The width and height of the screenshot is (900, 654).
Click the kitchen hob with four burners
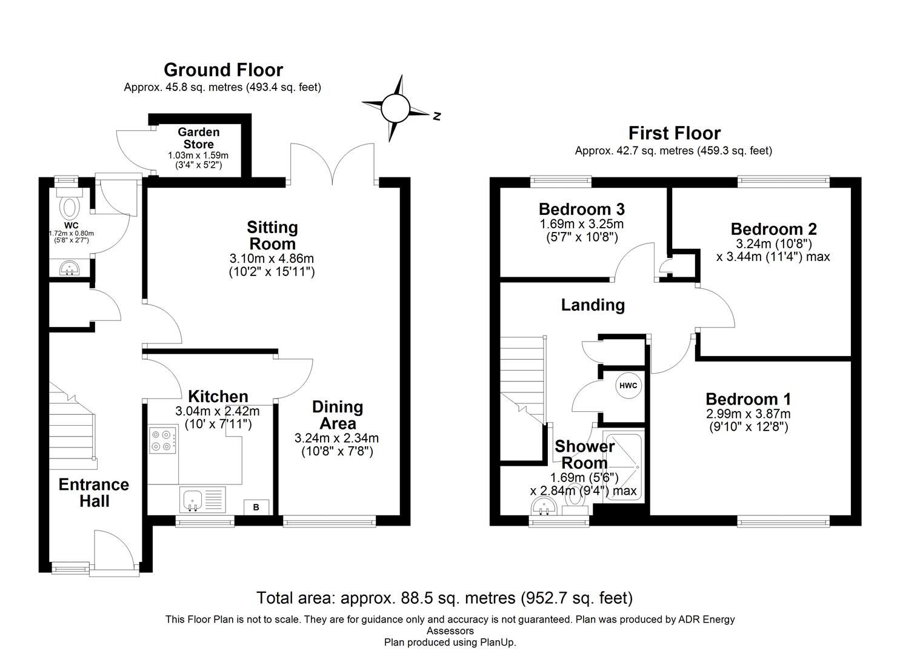tap(162, 441)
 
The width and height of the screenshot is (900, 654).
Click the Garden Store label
tap(199, 138)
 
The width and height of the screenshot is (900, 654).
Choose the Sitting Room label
tap(272, 236)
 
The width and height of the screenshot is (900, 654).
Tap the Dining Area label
tap(338, 415)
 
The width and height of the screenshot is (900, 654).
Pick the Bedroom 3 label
tap(581, 210)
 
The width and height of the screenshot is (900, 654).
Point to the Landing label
tap(593, 305)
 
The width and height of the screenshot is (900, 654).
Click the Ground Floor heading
tap(223, 70)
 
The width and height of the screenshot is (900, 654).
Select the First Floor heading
tap(674, 133)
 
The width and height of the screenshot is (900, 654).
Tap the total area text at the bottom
tap(444, 598)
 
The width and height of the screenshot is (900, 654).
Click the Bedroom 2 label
tap(773, 230)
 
